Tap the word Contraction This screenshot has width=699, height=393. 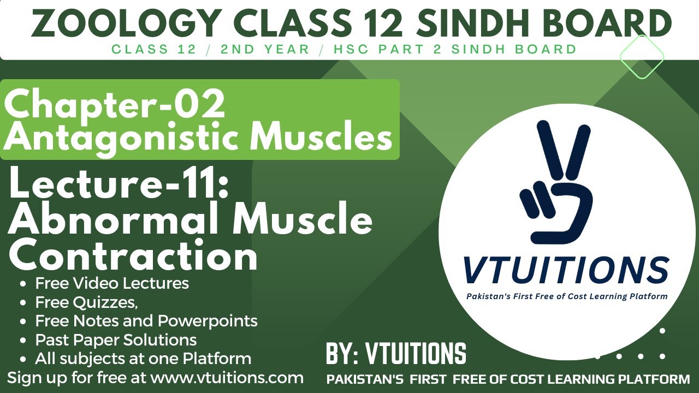coord(133,255)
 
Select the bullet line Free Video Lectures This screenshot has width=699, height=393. coord(112,283)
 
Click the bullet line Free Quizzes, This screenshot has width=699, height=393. coord(86,302)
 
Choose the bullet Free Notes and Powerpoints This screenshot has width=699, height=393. coord(146,320)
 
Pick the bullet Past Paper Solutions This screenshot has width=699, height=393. coord(116,340)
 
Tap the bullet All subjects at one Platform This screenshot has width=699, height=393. coord(143,358)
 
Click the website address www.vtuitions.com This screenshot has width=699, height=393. coord(227,377)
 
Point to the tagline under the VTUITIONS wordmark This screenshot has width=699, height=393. coord(566,296)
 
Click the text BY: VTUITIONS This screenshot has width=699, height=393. coord(396,354)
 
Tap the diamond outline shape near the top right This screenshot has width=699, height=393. coord(642,57)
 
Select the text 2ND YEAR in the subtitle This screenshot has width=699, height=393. coord(265,49)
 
